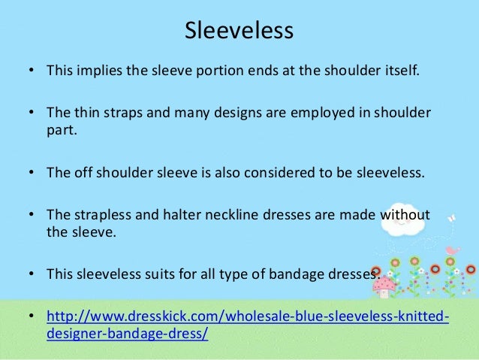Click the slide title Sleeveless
coord(239,32)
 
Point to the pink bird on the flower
coord(451,250)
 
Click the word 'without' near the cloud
coord(405,216)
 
